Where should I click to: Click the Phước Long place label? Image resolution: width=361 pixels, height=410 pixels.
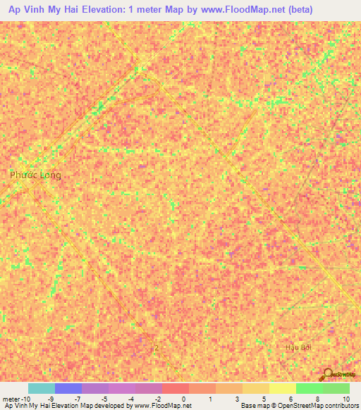pyautogui.click(x=35, y=175)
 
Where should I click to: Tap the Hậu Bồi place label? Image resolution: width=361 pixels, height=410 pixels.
pyautogui.click(x=298, y=347)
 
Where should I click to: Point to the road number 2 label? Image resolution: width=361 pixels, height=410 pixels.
pyautogui.click(x=157, y=347)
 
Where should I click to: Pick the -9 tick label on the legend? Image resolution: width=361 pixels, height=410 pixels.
pyautogui.click(x=49, y=399)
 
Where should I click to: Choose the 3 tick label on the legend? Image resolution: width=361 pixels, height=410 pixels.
pyautogui.click(x=237, y=399)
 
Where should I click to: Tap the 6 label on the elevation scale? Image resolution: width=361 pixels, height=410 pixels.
pyautogui.click(x=290, y=399)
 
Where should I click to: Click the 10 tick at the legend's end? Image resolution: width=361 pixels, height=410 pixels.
pyautogui.click(x=345, y=399)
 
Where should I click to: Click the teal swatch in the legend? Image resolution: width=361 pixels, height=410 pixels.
pyautogui.click(x=41, y=388)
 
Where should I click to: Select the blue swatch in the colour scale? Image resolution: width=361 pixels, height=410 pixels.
pyautogui.click(x=68, y=388)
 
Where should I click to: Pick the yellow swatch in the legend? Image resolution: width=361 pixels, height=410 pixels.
pyautogui.click(x=282, y=388)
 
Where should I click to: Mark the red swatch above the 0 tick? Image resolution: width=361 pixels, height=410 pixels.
pyautogui.click(x=175, y=388)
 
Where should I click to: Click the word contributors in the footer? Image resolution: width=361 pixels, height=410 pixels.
pyautogui.click(x=340, y=406)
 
